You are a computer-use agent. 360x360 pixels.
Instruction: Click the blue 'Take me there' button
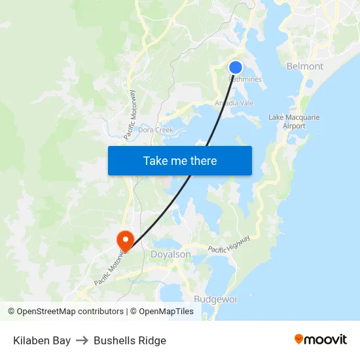[x=179, y=160]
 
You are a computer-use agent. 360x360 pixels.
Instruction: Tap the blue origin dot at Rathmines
[x=236, y=67]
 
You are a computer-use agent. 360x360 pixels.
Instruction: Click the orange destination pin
[x=124, y=240]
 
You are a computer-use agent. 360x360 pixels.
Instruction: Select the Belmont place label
[x=305, y=66]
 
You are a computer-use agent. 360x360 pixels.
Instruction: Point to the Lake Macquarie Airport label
[x=294, y=121]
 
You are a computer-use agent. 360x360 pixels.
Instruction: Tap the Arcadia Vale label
[x=234, y=103]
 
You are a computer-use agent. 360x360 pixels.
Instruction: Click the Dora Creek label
[x=155, y=130]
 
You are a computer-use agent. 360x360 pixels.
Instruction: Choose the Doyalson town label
[x=171, y=254]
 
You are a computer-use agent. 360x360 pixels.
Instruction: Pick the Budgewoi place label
[x=215, y=298]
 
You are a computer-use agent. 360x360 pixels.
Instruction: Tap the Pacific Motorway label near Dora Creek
[x=129, y=115]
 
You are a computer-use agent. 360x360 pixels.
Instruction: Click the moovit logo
[x=320, y=340]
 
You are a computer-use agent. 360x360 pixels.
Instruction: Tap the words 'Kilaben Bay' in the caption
[x=42, y=340]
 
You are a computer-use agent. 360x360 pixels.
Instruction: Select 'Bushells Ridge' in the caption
[x=130, y=340]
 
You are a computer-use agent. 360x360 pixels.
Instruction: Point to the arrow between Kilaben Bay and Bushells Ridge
[x=82, y=340]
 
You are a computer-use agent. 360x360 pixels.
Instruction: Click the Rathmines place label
[x=245, y=79]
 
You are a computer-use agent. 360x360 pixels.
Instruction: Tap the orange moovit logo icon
[x=299, y=339]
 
